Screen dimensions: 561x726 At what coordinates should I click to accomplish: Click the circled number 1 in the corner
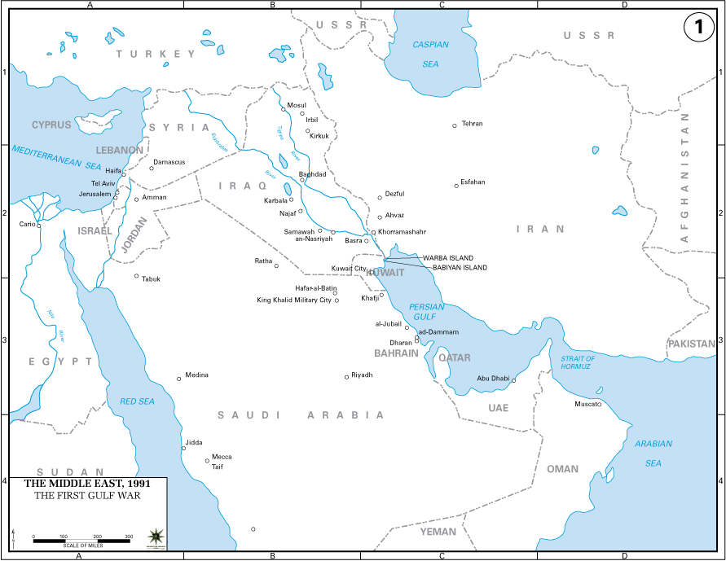698,27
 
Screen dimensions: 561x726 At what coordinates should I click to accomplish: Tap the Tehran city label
472,124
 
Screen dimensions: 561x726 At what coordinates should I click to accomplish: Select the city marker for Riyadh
347,377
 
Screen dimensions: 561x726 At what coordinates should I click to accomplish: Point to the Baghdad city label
312,174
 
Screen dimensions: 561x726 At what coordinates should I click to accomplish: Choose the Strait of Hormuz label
578,362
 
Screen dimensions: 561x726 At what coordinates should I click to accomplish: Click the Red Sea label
137,401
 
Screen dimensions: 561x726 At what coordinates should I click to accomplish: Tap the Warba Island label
447,258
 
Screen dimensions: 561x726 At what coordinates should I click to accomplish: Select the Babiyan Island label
460,267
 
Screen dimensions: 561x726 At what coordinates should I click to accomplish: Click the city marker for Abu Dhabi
514,380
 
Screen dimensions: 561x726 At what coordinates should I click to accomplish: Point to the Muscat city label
586,404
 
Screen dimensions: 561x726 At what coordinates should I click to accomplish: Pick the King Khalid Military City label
294,300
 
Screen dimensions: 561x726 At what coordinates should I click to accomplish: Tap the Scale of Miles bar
81,540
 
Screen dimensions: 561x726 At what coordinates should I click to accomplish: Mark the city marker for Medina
179,379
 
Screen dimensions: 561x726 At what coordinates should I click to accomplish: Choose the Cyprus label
51,125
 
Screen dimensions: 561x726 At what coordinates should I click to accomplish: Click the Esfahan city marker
456,186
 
